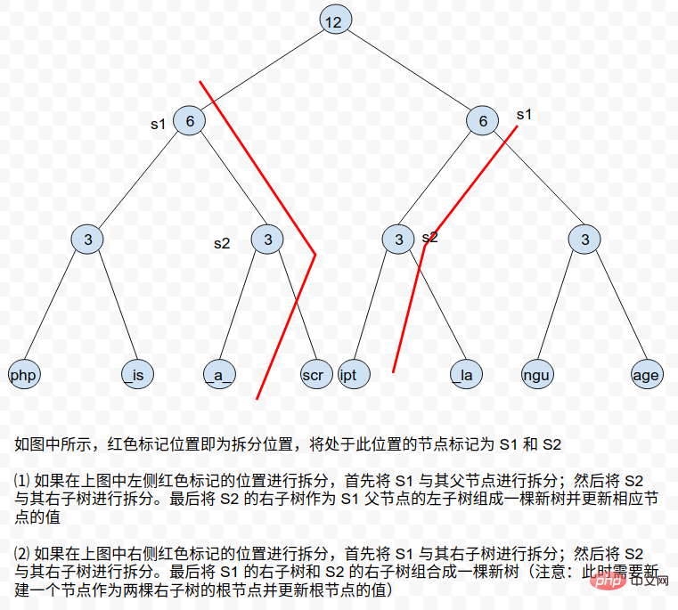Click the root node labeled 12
[x=336, y=20]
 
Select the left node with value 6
[x=190, y=120]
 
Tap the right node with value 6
[x=483, y=120]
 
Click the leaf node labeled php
[x=24, y=374]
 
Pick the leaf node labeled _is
[x=137, y=374]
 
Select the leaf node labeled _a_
[x=220, y=374]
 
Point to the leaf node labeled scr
[x=316, y=374]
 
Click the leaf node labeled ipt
[x=354, y=374]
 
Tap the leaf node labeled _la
[x=466, y=374]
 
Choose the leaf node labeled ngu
[x=537, y=374]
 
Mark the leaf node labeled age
[x=647, y=374]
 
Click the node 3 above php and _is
[x=87, y=239]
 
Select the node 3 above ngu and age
[x=584, y=239]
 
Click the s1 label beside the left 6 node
[x=159, y=125]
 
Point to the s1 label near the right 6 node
[x=524, y=115]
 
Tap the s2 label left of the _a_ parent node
[x=222, y=244]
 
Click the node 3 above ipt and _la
[x=398, y=239]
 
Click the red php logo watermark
[x=609, y=582]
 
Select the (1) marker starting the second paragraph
[x=22, y=480]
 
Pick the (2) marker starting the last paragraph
[x=22, y=553]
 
